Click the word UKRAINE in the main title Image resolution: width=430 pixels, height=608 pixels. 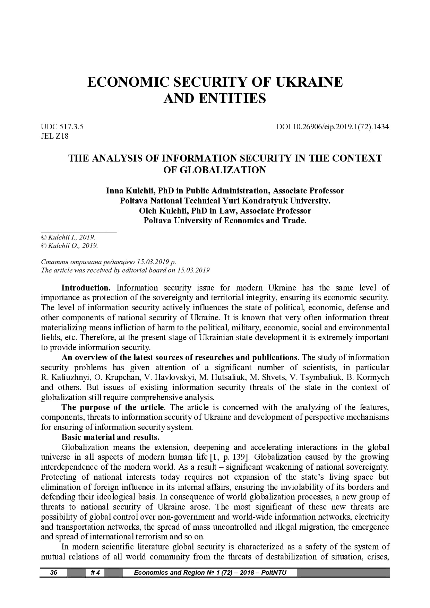pyautogui.click(x=309, y=82)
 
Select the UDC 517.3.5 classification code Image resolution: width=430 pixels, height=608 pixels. pyautogui.click(x=62, y=127)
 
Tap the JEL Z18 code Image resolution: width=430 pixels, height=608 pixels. pyautogui.click(x=55, y=136)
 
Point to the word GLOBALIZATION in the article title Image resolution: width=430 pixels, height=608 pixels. pyautogui.click(x=215, y=170)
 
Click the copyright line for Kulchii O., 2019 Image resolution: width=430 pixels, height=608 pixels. pyautogui.click(x=69, y=246)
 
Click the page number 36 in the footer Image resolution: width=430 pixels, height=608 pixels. pyautogui.click(x=54, y=572)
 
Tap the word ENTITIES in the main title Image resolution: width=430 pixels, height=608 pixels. pyautogui.click(x=232, y=99)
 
